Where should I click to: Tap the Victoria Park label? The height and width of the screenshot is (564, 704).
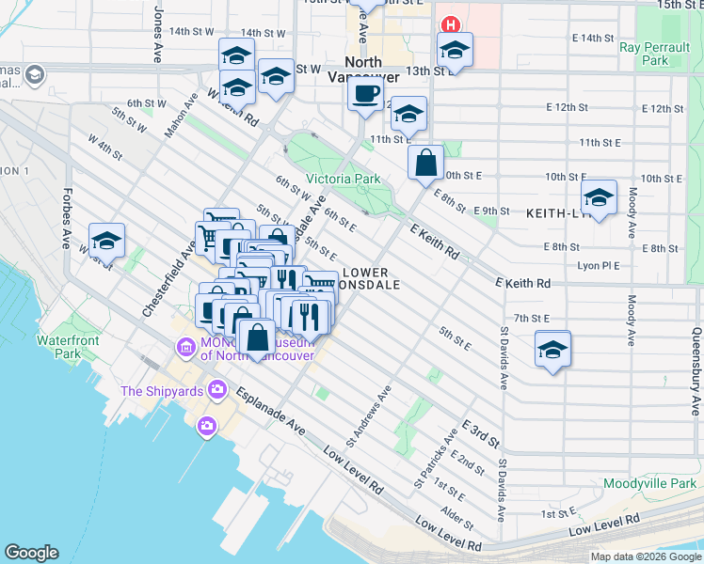point(343,179)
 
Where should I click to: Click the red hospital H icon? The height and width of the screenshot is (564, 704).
point(451,25)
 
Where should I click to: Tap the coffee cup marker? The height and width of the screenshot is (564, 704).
point(365,93)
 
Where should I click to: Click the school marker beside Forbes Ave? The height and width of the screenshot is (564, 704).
point(107,241)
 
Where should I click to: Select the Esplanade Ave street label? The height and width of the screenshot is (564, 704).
point(271,411)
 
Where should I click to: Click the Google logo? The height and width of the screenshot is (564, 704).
point(32,552)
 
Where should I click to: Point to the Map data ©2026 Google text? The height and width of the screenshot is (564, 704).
point(646,556)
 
